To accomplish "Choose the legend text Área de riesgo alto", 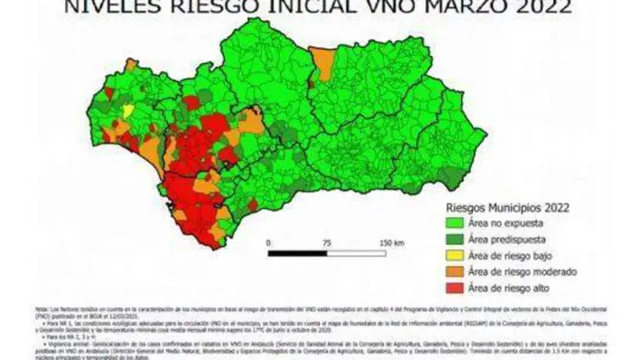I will tap(513, 287).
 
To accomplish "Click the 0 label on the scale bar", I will tap(269, 242).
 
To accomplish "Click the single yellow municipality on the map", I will tap(127, 109).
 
